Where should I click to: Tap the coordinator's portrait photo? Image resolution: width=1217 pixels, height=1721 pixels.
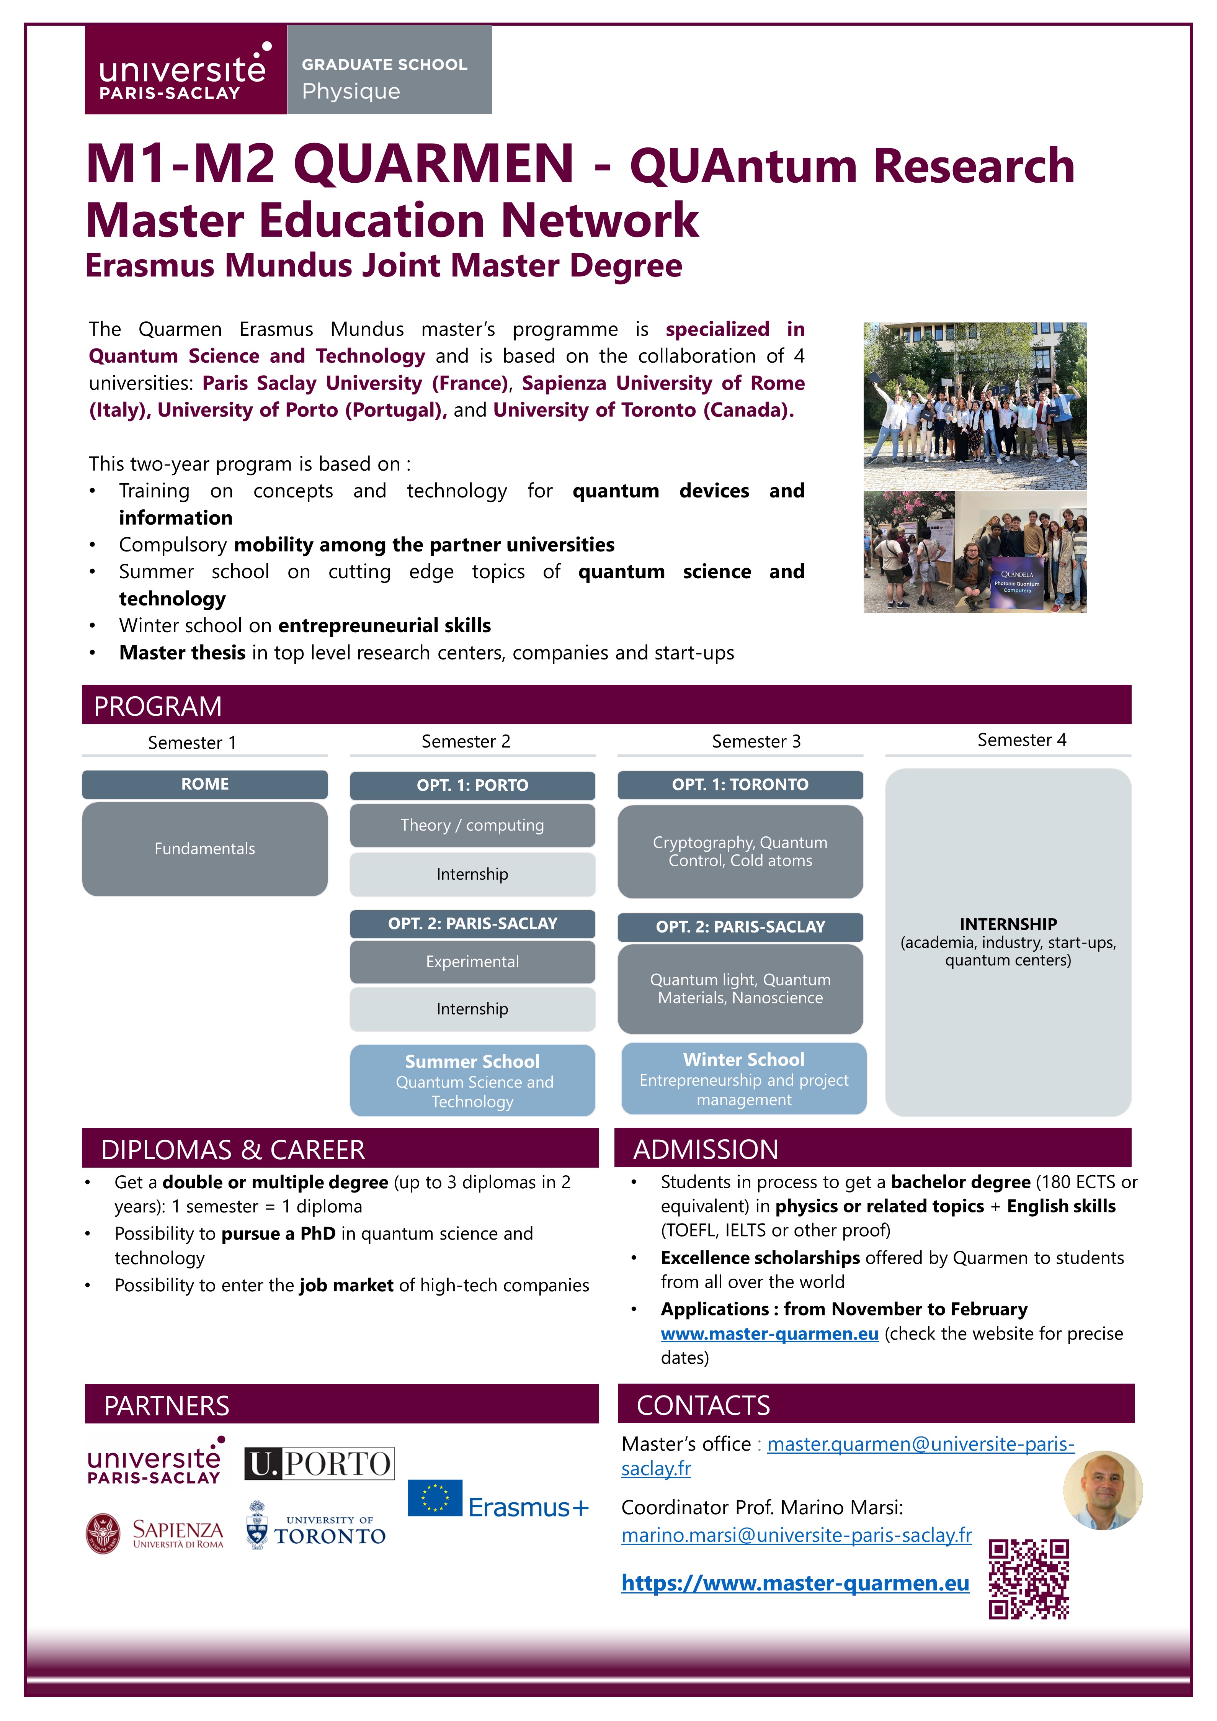coord(1103,1489)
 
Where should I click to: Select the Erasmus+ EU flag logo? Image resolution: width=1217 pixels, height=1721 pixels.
coord(435,1498)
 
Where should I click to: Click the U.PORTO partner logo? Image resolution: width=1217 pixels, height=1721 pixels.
coord(319,1463)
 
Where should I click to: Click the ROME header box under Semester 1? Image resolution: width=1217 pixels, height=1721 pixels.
coord(204,784)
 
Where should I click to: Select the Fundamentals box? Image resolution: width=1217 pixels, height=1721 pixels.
coord(204,849)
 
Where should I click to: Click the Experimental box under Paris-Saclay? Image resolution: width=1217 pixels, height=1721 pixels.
coord(472,962)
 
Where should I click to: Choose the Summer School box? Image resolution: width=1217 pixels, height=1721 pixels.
coord(472,1080)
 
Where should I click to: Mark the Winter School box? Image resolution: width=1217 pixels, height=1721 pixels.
coord(743,1079)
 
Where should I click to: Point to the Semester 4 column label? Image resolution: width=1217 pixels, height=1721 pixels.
coord(1021,740)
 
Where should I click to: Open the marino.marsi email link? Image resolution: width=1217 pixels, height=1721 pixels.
coord(796,1535)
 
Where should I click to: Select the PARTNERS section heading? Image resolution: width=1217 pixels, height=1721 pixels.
coord(167,1405)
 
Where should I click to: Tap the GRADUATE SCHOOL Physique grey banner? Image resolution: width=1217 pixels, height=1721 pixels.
coord(389,70)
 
